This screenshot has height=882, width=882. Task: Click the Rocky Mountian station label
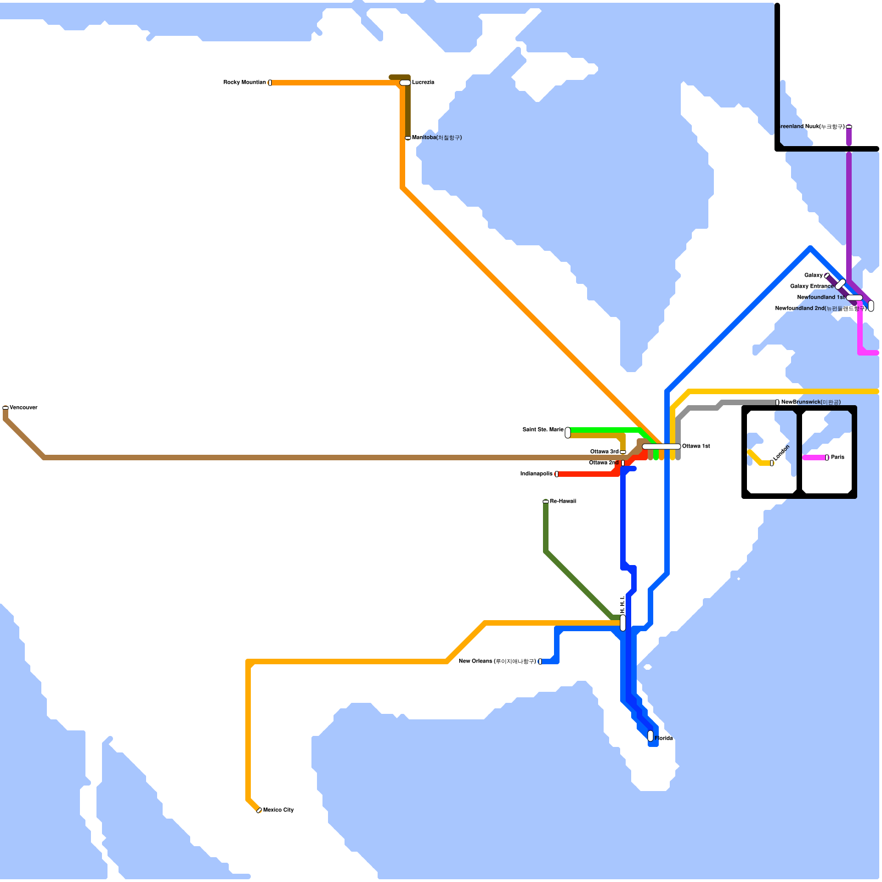(x=244, y=83)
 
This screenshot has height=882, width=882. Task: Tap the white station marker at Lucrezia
(x=405, y=83)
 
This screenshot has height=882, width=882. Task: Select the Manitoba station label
(x=437, y=138)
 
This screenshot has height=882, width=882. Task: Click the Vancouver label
(x=24, y=408)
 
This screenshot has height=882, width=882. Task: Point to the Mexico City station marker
(x=259, y=810)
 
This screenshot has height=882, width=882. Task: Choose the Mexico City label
(x=278, y=810)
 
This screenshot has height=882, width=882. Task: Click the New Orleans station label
(x=497, y=661)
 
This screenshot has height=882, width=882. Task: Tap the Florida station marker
(x=650, y=736)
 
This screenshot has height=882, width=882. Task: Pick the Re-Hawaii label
(x=563, y=502)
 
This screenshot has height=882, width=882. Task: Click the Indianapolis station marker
(x=557, y=474)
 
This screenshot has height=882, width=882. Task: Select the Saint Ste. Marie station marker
(x=568, y=433)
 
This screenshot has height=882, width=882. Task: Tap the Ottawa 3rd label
(x=604, y=452)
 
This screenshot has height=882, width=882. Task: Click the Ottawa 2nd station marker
(x=623, y=463)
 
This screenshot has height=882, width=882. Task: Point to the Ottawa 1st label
(x=696, y=447)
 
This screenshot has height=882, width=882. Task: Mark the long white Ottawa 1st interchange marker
(x=661, y=447)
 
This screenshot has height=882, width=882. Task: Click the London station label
(x=781, y=453)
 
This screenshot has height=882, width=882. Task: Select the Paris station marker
(x=827, y=458)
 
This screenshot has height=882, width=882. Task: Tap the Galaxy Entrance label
(x=811, y=287)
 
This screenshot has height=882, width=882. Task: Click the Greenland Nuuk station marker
(x=849, y=127)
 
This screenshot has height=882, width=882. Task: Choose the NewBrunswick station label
(x=810, y=402)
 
